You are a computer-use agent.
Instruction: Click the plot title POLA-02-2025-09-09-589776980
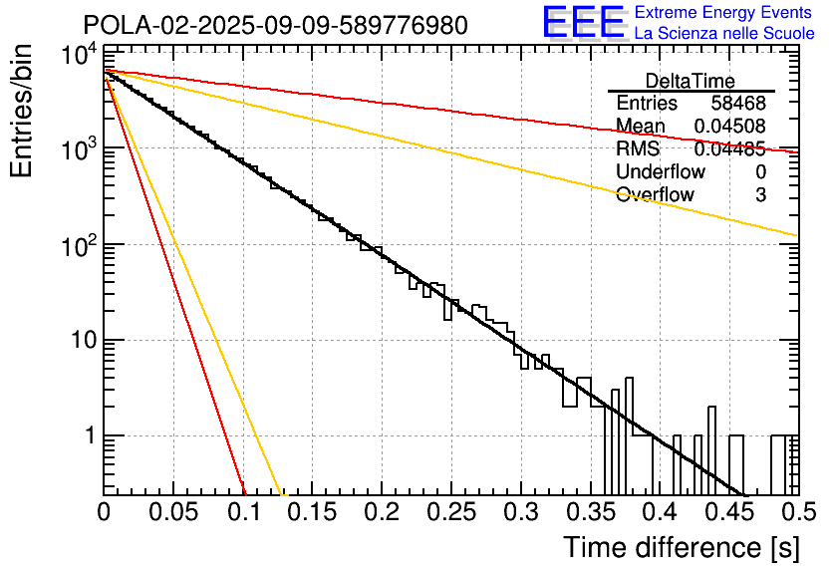point(274,25)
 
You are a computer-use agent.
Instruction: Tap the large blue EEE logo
point(583,23)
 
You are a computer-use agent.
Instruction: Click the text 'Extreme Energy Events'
point(724,13)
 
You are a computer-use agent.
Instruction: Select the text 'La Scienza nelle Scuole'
point(724,33)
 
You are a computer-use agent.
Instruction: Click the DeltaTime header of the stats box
point(691,81)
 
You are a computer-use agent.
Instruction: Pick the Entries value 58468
point(738,103)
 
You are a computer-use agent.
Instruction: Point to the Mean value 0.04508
point(730,126)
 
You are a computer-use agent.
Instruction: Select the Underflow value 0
point(760,171)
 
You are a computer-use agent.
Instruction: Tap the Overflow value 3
point(760,194)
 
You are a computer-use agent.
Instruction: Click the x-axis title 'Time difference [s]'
point(680,547)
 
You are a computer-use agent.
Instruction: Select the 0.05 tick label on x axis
point(173,513)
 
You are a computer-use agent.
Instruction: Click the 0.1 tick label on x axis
point(242,513)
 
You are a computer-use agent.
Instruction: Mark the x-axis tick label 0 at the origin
point(105,513)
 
